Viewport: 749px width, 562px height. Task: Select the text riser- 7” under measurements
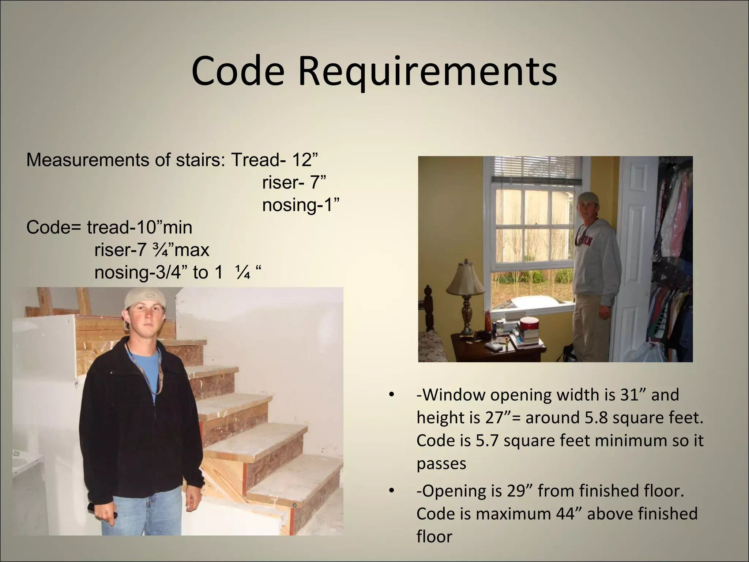coord(294,182)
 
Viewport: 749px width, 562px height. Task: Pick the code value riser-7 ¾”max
coord(152,250)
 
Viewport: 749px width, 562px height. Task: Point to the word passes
coord(441,464)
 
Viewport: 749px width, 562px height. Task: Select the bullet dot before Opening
coord(391,491)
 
